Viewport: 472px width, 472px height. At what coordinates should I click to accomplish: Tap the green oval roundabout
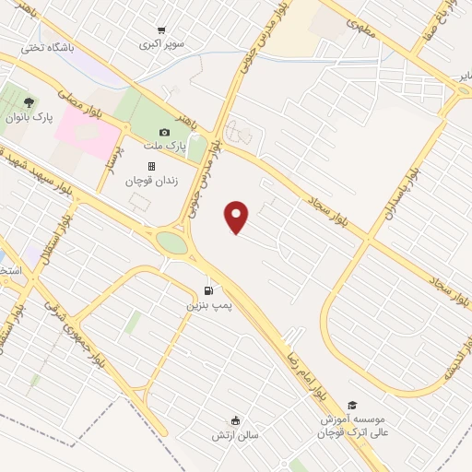171,243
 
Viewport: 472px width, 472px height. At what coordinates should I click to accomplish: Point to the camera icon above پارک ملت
165,133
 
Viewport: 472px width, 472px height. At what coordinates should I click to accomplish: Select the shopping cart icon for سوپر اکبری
163,30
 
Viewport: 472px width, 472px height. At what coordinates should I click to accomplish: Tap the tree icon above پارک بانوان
29,102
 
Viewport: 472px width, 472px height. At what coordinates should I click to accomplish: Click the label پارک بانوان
29,117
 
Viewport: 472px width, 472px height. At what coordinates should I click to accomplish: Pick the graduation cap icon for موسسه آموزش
351,405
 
